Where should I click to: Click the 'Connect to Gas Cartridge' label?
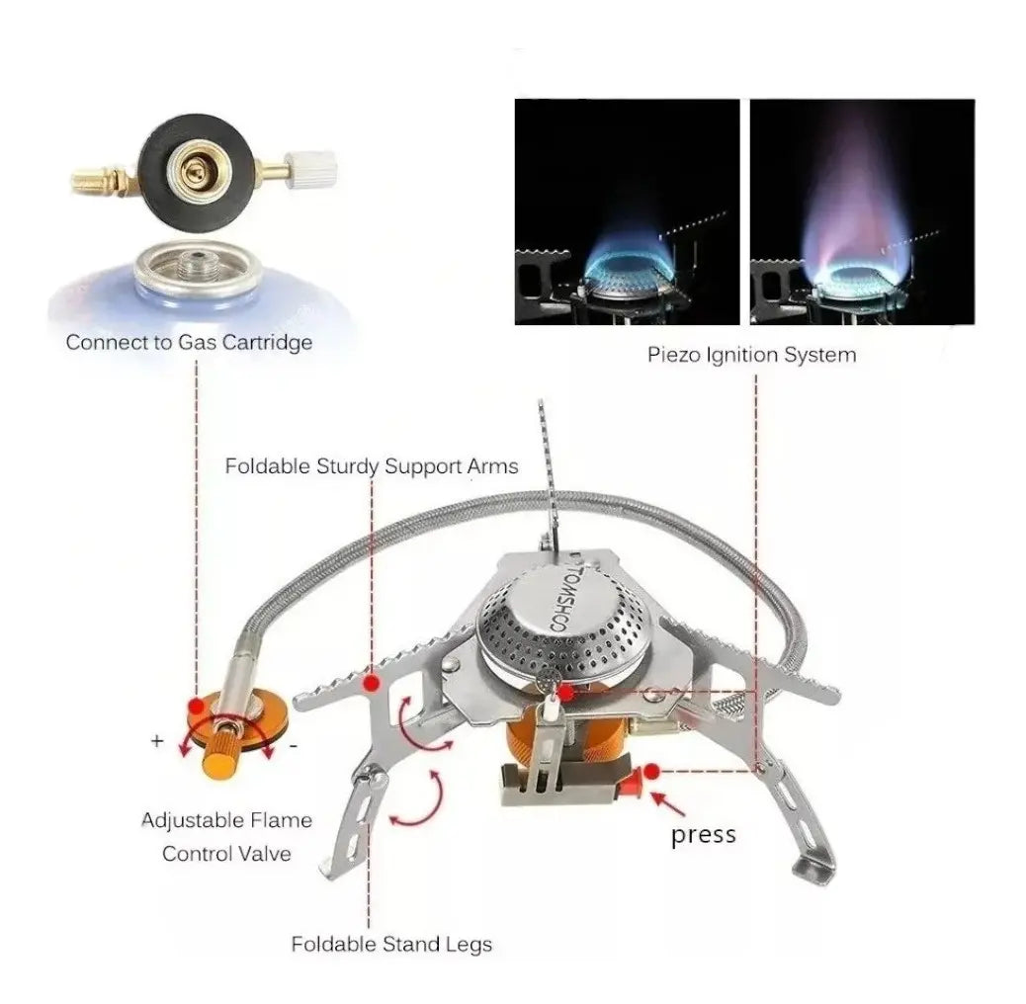pyautogui.click(x=189, y=343)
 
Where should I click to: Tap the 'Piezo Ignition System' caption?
pyautogui.click(x=752, y=355)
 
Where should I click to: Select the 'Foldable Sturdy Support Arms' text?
pyautogui.click(x=372, y=466)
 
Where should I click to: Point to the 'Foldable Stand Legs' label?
pyautogui.click(x=391, y=945)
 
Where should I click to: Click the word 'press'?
pyautogui.click(x=704, y=835)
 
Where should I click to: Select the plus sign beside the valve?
pyautogui.click(x=157, y=741)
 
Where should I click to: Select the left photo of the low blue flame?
pyautogui.click(x=627, y=211)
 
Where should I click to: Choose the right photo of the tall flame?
pyautogui.click(x=862, y=211)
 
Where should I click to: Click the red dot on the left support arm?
pyautogui.click(x=372, y=684)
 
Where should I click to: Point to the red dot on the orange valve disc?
pyautogui.click(x=196, y=707)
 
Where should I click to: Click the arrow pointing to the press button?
pyautogui.click(x=669, y=803)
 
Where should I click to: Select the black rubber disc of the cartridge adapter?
pyautogui.click(x=196, y=168)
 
